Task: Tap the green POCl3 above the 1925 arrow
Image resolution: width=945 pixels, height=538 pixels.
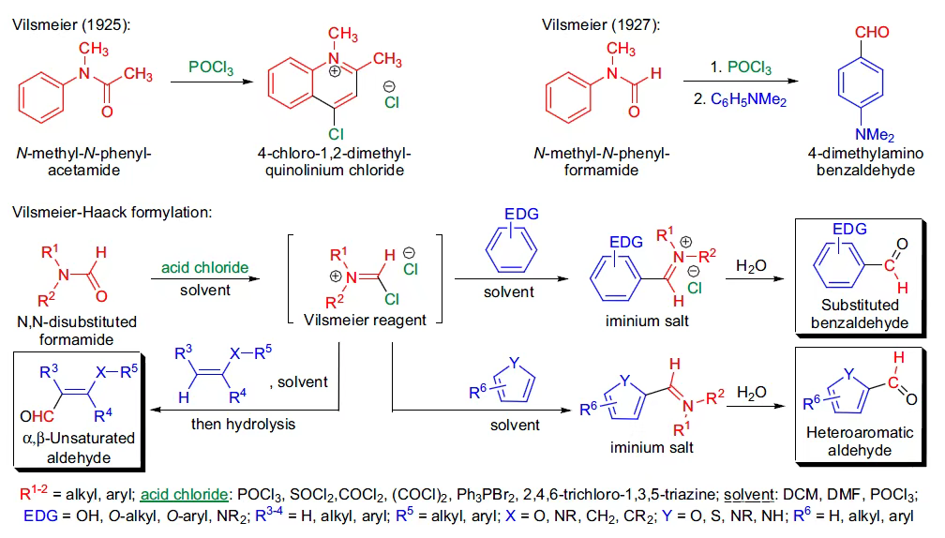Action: point(211,67)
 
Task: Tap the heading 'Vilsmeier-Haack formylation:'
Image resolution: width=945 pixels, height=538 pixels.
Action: point(112,212)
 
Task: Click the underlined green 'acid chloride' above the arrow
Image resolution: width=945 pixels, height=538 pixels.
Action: point(205,268)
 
